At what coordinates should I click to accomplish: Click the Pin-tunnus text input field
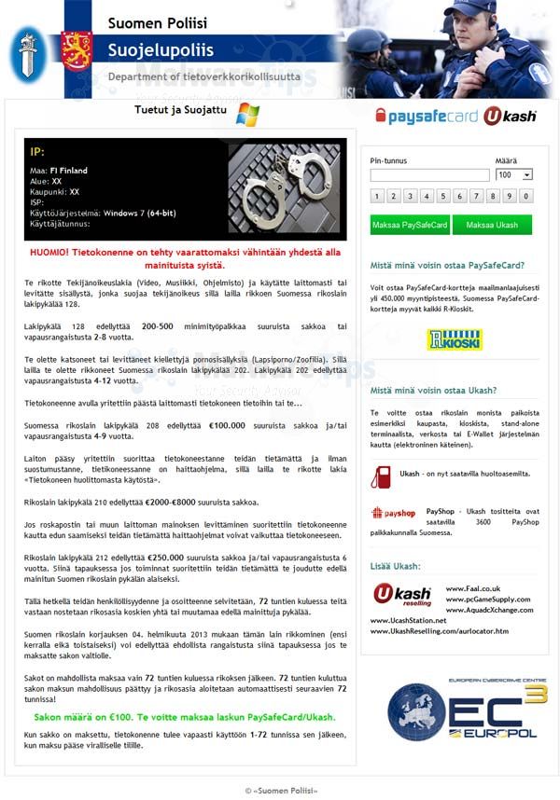click(429, 175)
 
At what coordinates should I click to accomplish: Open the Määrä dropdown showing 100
click(514, 175)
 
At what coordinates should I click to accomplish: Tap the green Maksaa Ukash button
click(492, 225)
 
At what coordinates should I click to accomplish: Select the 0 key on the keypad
click(526, 196)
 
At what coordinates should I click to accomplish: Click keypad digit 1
click(376, 196)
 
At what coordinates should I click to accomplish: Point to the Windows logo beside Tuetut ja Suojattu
click(247, 114)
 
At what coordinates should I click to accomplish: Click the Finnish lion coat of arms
click(76, 51)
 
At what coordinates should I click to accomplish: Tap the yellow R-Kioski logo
click(455, 339)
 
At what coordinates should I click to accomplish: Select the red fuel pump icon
click(380, 476)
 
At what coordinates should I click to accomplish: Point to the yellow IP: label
click(37, 151)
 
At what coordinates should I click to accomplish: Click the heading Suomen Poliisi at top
click(157, 22)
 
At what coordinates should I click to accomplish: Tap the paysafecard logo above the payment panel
click(427, 116)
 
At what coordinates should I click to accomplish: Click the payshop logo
click(393, 513)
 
